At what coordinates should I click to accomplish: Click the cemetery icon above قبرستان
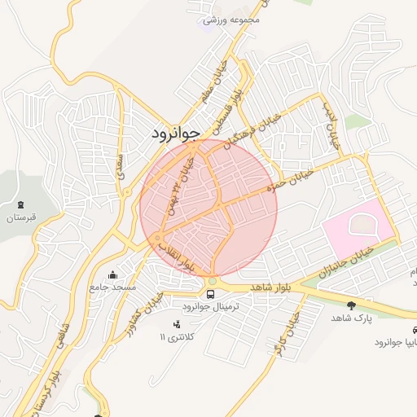(21, 204)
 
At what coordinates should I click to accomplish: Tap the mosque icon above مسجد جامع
(112, 274)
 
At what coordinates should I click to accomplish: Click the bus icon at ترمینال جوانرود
(211, 293)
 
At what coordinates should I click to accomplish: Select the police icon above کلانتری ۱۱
(177, 324)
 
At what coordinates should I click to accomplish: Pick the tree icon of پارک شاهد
(351, 305)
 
